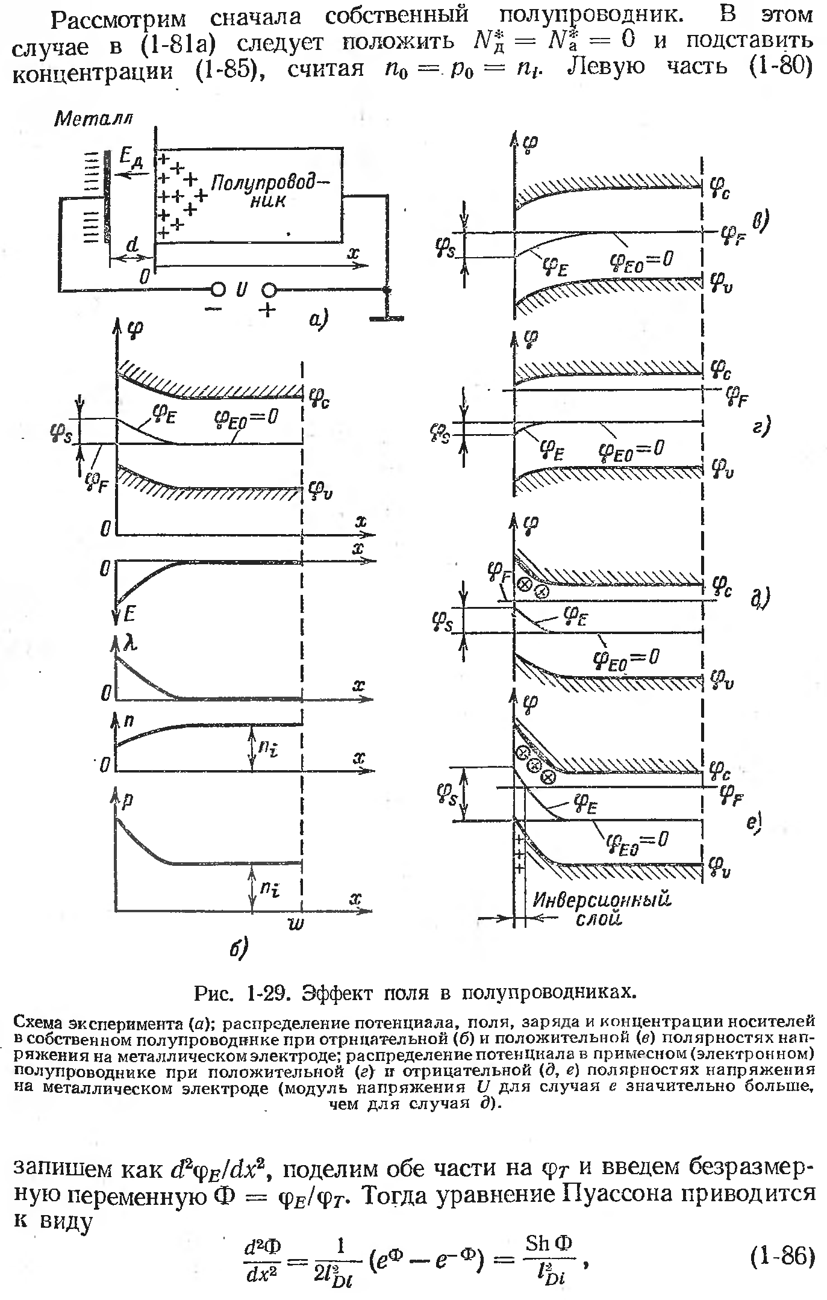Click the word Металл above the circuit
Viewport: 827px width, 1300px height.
click(x=93, y=119)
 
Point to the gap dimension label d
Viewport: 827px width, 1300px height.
click(x=133, y=246)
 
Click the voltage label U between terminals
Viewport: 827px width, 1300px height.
click(x=242, y=291)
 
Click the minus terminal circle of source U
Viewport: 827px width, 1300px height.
click(x=217, y=290)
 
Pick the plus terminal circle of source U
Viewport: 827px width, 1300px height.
click(x=268, y=291)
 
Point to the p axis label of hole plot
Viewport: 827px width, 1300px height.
click(x=128, y=800)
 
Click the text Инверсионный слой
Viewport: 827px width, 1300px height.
click(x=601, y=909)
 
